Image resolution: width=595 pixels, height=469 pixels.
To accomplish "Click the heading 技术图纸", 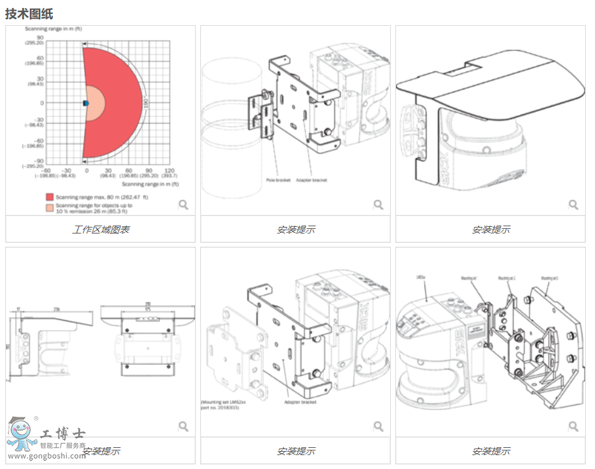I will point(29,13).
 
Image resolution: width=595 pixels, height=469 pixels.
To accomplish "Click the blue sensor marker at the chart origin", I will point(85,103).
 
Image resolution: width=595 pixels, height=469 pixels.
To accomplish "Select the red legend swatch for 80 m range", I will point(50,197).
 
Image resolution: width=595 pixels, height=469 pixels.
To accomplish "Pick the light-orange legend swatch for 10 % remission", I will point(50,208).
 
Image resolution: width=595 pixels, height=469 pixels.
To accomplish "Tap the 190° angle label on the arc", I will point(146,103).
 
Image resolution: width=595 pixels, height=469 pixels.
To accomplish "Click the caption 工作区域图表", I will point(100,230).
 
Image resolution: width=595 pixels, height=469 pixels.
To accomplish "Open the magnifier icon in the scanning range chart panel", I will point(184,204).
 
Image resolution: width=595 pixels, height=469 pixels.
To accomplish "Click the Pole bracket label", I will point(278,180).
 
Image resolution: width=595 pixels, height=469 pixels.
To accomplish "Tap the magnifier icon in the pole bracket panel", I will point(378,204).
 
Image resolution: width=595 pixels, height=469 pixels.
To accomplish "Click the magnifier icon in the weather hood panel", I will point(573,204).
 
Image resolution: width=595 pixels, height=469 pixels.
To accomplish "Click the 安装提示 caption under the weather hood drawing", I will point(491,230).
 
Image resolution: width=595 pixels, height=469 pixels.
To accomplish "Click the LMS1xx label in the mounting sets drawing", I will point(421,277).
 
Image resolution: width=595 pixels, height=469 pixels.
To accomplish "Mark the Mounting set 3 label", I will point(549,278).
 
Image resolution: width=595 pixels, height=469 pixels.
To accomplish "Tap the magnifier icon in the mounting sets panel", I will point(573,426).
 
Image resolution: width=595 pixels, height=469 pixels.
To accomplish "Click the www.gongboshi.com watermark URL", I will point(46,456).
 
